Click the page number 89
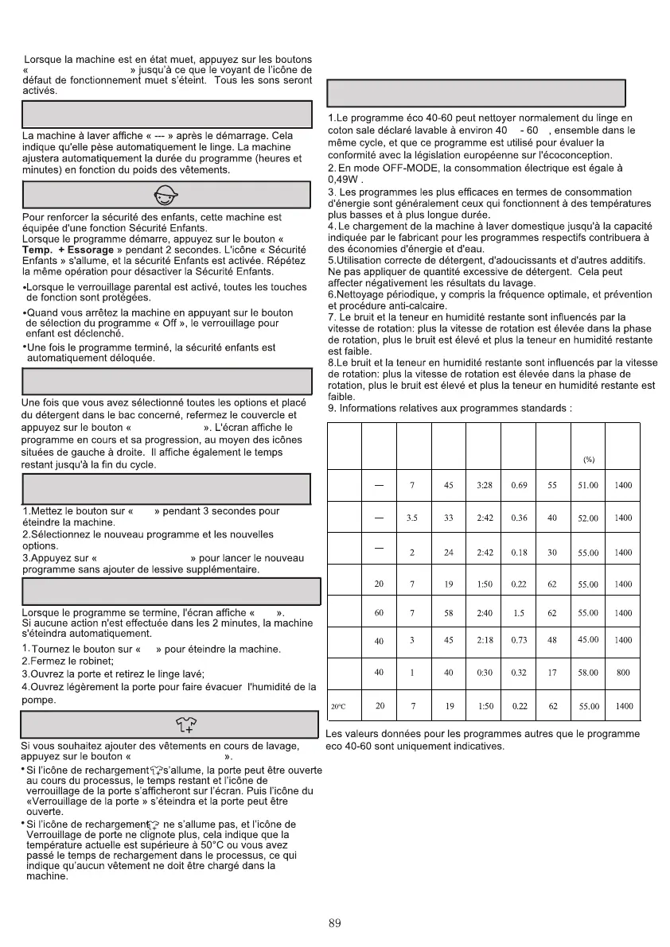[x=334, y=923]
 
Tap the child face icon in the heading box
[x=166, y=195]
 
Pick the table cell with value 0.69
[x=519, y=485]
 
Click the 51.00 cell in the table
[x=588, y=485]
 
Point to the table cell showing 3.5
[x=413, y=518]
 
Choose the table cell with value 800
[x=623, y=673]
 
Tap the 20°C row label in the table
[x=338, y=706]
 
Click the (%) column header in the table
[x=589, y=459]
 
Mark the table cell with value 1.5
[x=519, y=613]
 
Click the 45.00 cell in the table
[x=588, y=640]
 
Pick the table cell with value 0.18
[x=519, y=553]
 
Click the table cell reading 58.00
[x=588, y=673]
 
